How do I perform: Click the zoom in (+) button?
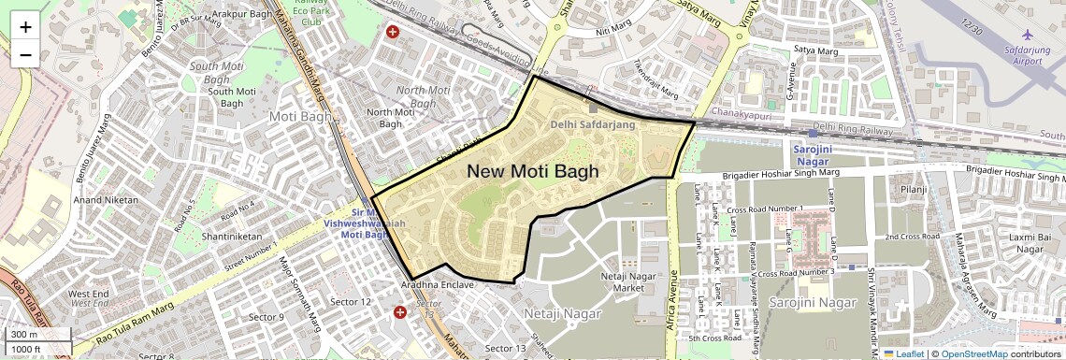[x=25, y=26]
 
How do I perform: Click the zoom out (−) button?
[x=25, y=54]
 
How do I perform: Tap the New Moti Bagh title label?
[x=532, y=171]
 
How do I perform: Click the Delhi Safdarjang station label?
[x=592, y=123]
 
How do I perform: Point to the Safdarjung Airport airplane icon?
[x=1028, y=34]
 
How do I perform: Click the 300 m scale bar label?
[x=24, y=335]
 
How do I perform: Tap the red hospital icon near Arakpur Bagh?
[x=393, y=32]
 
